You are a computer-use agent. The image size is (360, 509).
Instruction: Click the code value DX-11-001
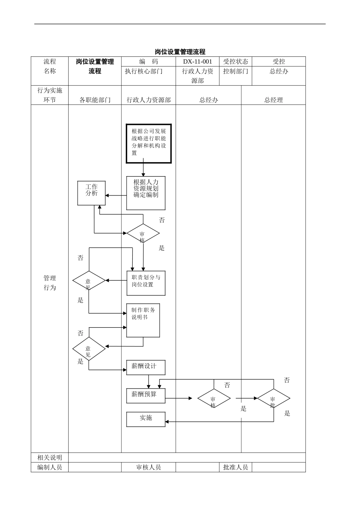point(197,61)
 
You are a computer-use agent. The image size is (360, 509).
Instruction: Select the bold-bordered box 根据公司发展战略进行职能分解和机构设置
point(149,144)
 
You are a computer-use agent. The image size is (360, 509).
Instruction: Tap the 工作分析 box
point(91,193)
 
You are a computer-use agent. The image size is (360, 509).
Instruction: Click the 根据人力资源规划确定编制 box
point(146,193)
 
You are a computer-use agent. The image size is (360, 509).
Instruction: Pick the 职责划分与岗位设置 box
point(146,283)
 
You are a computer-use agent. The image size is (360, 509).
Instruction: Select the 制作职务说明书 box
point(143,320)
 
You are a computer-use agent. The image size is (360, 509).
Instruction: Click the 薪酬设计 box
point(146,367)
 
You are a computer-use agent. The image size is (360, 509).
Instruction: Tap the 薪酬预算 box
point(146,395)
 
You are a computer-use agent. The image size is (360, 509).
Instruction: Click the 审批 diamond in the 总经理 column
point(274,398)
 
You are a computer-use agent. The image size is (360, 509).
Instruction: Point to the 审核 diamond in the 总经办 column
point(214,398)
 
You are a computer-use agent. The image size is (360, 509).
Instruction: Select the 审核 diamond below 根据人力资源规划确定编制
point(143,234)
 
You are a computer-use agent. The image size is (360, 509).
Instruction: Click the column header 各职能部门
point(95,100)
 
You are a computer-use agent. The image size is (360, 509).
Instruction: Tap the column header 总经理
point(273,100)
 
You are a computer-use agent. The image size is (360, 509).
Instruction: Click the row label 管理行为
point(50,283)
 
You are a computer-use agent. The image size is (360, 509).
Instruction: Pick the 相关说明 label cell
point(50,457)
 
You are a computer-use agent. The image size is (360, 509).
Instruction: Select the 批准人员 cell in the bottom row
point(235,467)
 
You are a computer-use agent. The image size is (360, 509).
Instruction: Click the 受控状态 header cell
point(235,61)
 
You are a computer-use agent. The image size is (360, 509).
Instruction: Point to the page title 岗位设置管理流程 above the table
point(180,52)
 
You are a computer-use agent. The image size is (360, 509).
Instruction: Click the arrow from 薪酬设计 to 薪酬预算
point(149,381)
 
